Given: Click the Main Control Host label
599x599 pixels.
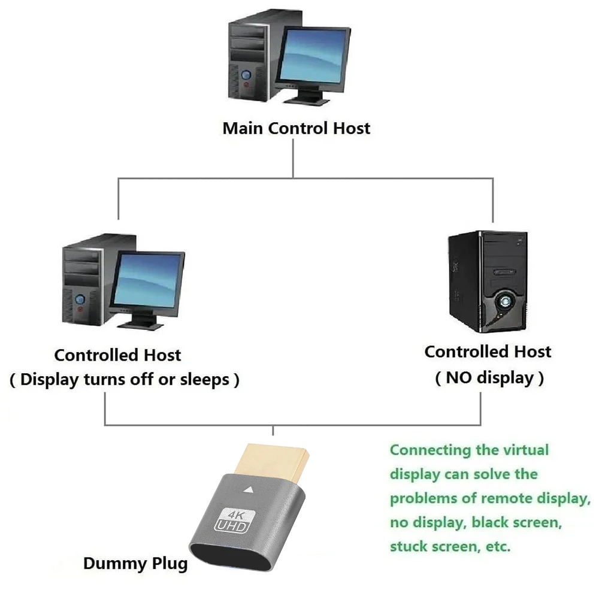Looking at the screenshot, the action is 296,128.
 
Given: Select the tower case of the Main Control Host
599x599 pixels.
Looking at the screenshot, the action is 252,56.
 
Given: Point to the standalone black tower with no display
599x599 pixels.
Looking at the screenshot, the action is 488,282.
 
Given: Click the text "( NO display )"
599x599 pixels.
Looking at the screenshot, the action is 489,378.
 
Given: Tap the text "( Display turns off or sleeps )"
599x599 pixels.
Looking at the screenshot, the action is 125,380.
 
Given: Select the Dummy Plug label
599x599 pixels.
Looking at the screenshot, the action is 135,563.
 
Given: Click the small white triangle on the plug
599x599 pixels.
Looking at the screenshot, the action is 249,489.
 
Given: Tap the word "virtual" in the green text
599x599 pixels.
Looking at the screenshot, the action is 526,450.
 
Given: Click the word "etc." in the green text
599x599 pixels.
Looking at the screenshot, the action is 498,546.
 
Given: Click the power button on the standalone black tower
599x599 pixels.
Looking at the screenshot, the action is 505,302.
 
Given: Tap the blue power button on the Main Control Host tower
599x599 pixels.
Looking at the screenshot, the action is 246,74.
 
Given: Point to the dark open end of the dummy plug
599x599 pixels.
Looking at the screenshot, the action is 229,558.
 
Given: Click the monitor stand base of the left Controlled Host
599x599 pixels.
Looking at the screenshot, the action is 141,325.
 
